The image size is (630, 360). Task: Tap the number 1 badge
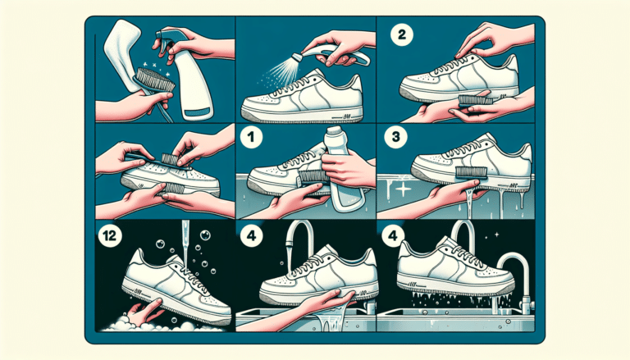pyautogui.click(x=252, y=137)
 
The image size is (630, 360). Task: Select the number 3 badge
pyautogui.click(x=395, y=137)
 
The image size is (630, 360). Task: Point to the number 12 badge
pyautogui.click(x=109, y=235)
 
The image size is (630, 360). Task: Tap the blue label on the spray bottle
pyautogui.click(x=198, y=112)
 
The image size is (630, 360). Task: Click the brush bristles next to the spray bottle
pyautogui.click(x=156, y=79)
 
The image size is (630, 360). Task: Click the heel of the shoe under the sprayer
pyautogui.click(x=354, y=86)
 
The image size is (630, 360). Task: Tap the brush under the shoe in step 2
pyautogui.click(x=477, y=100)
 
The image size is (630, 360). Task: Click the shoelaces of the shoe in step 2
pyautogui.click(x=461, y=67)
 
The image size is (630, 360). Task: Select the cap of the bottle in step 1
pyautogui.click(x=336, y=131)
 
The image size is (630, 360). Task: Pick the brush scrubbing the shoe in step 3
pyautogui.click(x=470, y=172)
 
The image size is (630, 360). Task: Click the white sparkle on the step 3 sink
pyautogui.click(x=403, y=189)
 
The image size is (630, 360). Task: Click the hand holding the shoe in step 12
pyautogui.click(x=145, y=312)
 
